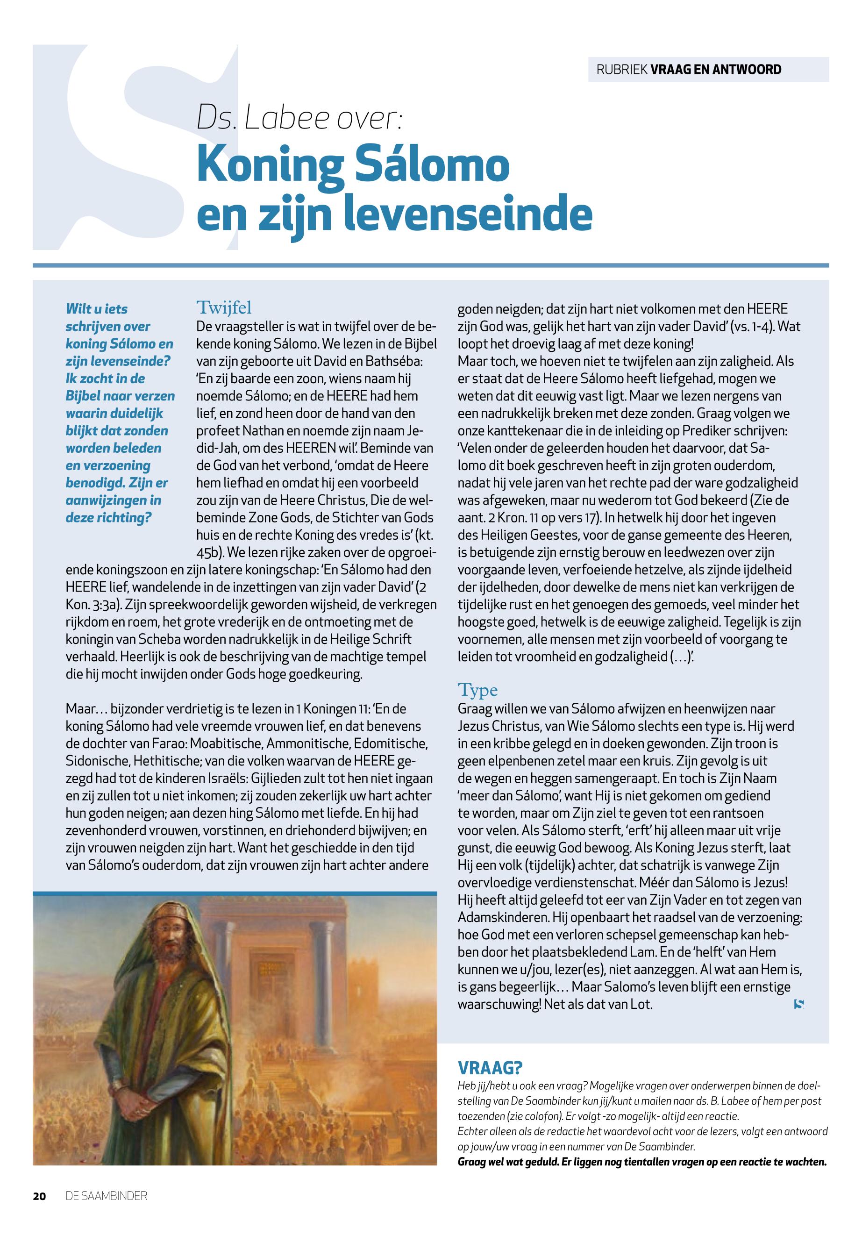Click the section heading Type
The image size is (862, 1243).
coord(477,690)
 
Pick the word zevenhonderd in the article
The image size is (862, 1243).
coord(104,830)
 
